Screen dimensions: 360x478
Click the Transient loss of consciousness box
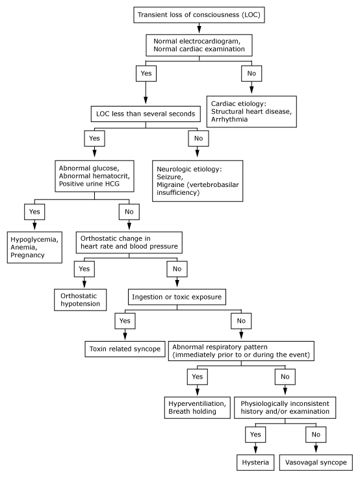[x=199, y=15]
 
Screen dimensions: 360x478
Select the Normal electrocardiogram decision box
[x=199, y=45]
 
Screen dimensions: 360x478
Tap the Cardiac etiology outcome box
[x=251, y=112]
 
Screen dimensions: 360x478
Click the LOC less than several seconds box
[x=146, y=114]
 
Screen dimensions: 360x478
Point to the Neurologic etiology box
[x=198, y=181]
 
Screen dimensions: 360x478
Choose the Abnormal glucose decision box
[x=94, y=176]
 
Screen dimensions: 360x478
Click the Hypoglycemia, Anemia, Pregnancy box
[x=34, y=247]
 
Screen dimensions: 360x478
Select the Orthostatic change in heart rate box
[x=129, y=243]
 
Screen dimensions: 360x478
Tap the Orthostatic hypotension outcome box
[x=80, y=300]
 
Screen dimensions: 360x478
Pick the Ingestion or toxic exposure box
[x=177, y=297]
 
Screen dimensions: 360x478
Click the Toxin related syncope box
[x=125, y=349]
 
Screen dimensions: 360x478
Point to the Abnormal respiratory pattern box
[x=241, y=351]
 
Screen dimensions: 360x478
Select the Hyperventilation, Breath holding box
[x=197, y=408]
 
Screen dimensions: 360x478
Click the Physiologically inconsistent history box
[x=285, y=408]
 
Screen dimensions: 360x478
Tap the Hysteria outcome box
[x=255, y=463]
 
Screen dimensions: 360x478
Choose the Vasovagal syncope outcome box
[x=316, y=463]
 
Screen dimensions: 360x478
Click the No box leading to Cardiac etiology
[x=251, y=73]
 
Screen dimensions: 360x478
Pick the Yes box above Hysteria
[x=255, y=434]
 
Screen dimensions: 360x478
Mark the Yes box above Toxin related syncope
[x=125, y=321]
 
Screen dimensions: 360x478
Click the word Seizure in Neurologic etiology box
[x=170, y=177]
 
